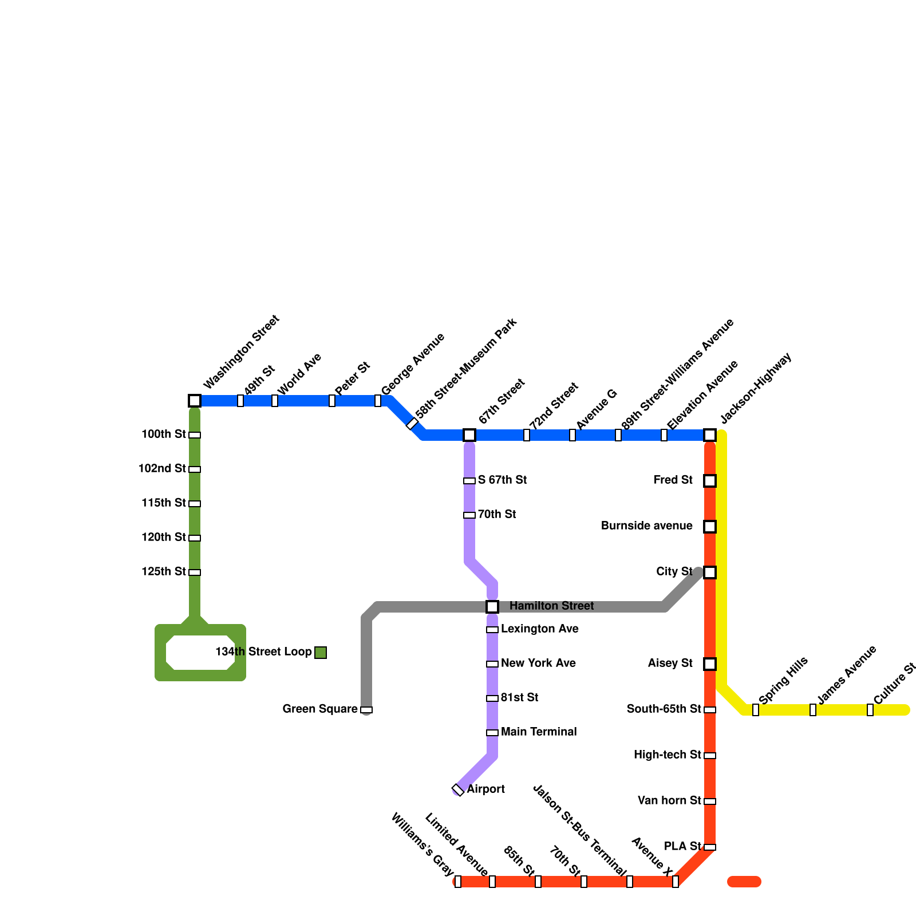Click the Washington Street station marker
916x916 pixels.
point(195,401)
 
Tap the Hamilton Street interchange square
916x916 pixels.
point(492,607)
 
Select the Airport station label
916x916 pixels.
point(485,789)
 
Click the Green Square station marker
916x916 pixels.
point(366,710)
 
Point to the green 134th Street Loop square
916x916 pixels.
point(321,653)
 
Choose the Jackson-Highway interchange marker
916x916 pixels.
point(710,435)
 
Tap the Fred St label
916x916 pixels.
point(673,480)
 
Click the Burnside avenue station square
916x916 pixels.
point(710,527)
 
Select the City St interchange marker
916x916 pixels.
point(710,572)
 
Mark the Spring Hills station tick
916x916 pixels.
point(756,710)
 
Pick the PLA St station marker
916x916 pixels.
point(710,847)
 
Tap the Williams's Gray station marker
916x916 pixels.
point(458,882)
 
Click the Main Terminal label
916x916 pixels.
point(539,732)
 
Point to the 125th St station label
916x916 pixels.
point(164,572)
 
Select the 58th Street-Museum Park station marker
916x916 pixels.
point(412,424)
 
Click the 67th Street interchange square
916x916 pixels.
point(469,435)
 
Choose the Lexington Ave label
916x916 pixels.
point(540,629)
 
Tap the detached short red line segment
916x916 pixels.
point(744,882)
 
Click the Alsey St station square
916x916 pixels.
point(710,664)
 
